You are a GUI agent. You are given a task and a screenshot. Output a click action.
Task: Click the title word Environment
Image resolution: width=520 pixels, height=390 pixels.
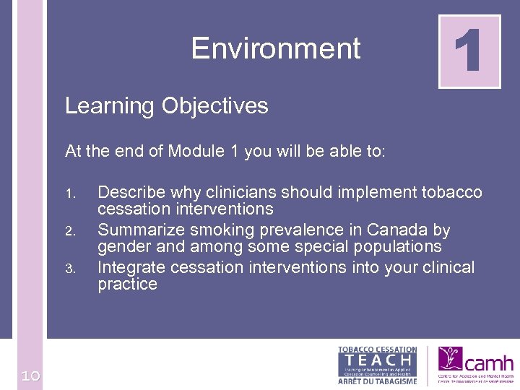(276, 49)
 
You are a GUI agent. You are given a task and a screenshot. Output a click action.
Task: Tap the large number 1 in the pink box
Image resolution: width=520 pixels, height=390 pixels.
(469, 51)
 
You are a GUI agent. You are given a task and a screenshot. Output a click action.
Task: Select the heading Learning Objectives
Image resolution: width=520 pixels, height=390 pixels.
(166, 106)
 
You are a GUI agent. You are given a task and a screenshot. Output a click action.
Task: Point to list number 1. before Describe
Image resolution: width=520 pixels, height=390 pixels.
(70, 194)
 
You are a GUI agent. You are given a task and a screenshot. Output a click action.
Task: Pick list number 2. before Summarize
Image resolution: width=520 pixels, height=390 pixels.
(70, 232)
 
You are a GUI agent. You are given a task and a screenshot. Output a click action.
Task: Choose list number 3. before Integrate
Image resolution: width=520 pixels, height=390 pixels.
(70, 269)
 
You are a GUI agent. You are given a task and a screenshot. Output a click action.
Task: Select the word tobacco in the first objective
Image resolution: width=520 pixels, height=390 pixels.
(451, 193)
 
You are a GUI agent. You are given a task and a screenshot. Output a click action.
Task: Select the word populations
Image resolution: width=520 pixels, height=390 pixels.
(401, 247)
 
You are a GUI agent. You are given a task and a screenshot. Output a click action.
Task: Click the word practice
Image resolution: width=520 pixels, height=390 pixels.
(127, 285)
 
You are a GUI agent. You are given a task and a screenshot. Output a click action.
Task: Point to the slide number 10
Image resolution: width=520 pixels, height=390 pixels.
(30, 376)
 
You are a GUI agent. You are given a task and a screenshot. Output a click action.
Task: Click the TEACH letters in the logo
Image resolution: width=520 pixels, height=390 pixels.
(377, 360)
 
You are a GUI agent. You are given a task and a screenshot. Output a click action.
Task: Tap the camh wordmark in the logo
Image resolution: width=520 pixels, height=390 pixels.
(489, 363)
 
